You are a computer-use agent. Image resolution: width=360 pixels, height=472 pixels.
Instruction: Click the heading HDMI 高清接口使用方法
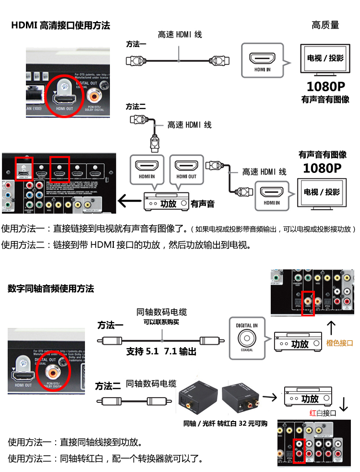click(60, 25)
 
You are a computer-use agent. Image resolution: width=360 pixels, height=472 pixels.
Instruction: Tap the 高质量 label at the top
click(325, 25)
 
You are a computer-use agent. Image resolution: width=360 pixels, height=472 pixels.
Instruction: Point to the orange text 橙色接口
click(339, 343)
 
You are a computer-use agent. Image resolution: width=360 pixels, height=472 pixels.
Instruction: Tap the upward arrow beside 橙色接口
click(331, 328)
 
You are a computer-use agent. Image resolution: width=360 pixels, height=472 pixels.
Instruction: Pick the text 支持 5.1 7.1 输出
click(161, 351)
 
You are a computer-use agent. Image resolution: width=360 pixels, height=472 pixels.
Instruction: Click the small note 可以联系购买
click(161, 322)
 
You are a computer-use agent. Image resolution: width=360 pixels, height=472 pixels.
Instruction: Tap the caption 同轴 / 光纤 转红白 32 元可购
click(225, 423)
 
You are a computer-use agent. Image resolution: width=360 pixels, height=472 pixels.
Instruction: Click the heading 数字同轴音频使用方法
click(51, 289)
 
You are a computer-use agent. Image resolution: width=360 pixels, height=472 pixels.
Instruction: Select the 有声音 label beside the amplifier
click(202, 204)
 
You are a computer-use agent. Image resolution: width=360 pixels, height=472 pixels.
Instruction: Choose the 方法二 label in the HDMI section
click(136, 107)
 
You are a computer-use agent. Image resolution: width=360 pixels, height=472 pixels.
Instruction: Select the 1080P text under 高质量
click(325, 87)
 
